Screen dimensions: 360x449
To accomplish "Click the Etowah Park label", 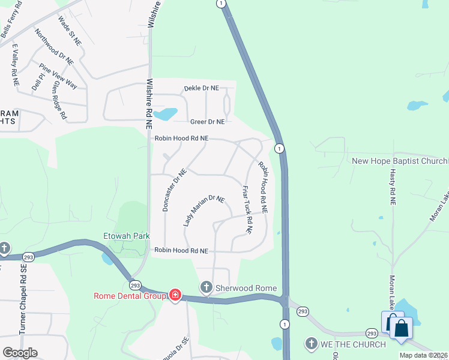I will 126,236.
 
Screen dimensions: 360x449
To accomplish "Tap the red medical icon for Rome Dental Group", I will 175,295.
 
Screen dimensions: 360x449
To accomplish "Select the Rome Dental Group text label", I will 129,295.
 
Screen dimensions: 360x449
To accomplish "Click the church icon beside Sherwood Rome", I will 206,288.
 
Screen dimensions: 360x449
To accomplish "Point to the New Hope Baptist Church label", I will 400,161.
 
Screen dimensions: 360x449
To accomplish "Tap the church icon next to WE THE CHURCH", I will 312,343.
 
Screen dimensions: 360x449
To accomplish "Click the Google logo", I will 20,353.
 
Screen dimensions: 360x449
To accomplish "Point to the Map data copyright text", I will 424,355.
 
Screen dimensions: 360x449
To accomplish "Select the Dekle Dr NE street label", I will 201,88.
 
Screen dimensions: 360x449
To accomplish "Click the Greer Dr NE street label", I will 203,121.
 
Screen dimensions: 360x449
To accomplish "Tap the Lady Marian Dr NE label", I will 203,211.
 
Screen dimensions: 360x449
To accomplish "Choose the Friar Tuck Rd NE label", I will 247,209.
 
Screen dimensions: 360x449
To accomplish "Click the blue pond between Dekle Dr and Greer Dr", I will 166,113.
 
